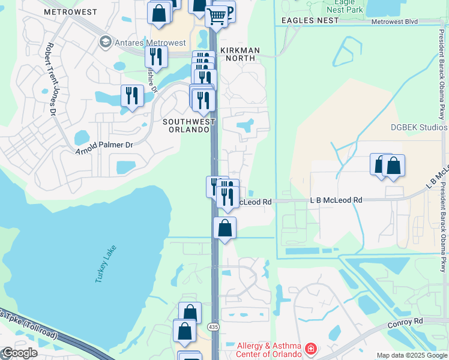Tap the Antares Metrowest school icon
[x=106, y=42]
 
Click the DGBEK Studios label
[x=419, y=127]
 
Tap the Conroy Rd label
[x=406, y=322]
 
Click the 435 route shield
[x=213, y=326]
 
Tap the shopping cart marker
[x=217, y=15]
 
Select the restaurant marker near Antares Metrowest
[x=156, y=57]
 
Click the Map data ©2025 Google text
[x=412, y=355]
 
